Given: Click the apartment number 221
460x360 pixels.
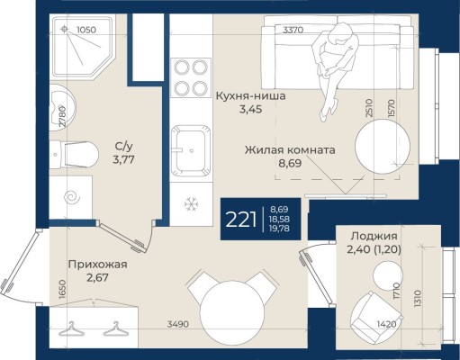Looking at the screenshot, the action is tap(241, 220).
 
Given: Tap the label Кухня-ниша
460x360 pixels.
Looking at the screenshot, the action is tap(251, 96).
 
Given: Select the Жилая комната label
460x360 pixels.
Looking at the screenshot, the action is tap(290, 149).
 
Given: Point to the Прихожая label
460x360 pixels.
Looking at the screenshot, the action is tap(98, 265).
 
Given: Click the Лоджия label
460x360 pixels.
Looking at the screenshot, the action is tap(374, 236).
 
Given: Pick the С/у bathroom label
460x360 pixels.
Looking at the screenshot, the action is tap(123, 147).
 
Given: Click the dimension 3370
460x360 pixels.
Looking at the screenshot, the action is tap(293, 30).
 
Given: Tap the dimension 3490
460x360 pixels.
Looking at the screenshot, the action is tap(178, 324).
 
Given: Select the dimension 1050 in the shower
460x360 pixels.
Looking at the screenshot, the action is tap(86, 30).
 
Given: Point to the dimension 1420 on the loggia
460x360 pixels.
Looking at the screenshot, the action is tap(386, 324).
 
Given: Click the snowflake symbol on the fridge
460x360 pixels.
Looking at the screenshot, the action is tap(191, 203).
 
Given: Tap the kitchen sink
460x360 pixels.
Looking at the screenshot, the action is tap(191, 150).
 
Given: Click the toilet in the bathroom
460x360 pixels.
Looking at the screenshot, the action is tap(74, 155).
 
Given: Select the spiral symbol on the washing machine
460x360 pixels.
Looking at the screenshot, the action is tap(72, 197).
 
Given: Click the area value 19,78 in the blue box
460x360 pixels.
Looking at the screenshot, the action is tap(279, 229).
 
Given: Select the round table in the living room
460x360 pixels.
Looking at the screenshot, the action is tap(383, 146).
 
